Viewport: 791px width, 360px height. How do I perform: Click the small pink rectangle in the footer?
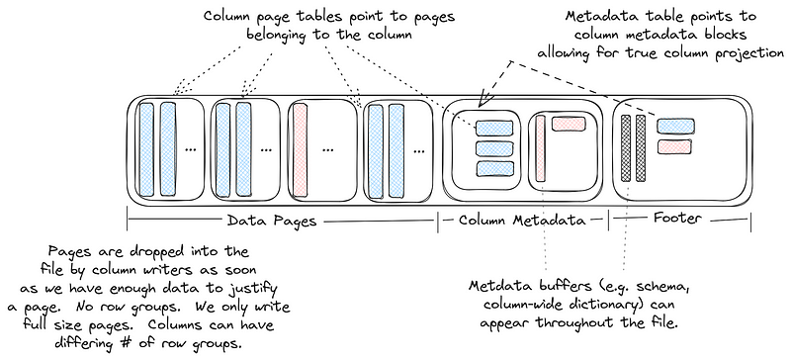[x=677, y=145]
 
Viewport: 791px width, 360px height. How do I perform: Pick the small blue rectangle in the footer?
[x=675, y=125]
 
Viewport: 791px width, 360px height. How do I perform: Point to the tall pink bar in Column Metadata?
[x=541, y=150]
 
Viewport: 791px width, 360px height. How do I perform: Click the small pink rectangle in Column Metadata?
[x=569, y=125]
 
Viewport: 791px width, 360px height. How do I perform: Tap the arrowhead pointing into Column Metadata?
[x=482, y=102]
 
